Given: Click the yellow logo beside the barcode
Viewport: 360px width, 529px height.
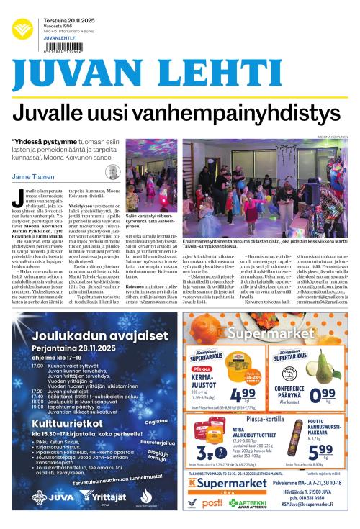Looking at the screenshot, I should coord(22,28).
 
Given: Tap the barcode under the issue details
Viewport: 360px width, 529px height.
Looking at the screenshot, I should coord(63,51).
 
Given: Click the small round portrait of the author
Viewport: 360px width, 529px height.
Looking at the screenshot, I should coord(112,173).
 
